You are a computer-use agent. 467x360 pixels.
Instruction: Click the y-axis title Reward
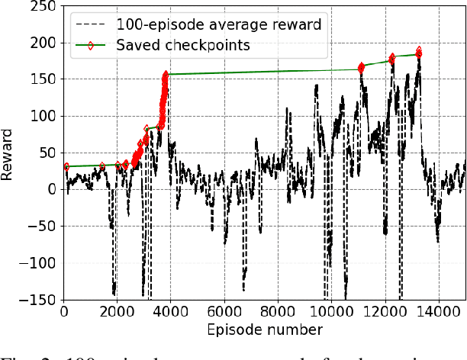pyautogui.click(x=8, y=153)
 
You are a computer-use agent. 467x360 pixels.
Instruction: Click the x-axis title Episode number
pyautogui.click(x=263, y=329)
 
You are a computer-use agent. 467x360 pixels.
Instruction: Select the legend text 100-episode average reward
pyautogui.click(x=218, y=24)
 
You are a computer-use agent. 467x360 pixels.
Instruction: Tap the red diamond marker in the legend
pyautogui.click(x=90, y=45)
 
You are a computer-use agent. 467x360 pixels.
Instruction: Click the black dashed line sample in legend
pyautogui.click(x=90, y=24)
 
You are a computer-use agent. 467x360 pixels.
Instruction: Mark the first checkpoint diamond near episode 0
pyautogui.click(x=66, y=166)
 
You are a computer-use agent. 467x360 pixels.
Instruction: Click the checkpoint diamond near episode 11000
pyautogui.click(x=361, y=68)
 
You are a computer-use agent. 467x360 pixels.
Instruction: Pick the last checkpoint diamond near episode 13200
pyautogui.click(x=419, y=53)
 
